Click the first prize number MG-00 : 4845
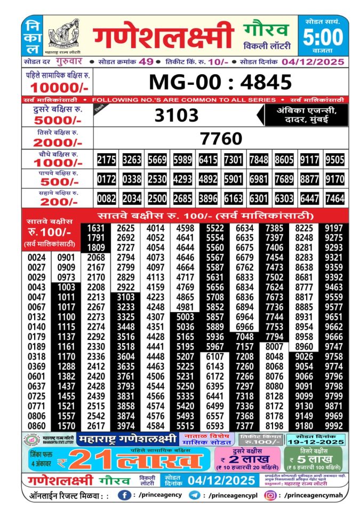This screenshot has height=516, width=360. [220, 82]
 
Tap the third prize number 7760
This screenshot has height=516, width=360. [221, 138]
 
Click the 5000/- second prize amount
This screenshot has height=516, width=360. [57, 120]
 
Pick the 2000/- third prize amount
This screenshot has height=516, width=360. [57, 142]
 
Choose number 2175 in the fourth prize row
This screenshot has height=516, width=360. [107, 160]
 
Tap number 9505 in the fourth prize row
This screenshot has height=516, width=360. [334, 160]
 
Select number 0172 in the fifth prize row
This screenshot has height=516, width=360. [107, 179]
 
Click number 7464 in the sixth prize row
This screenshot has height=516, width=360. [334, 199]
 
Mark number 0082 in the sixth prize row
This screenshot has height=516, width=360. [107, 199]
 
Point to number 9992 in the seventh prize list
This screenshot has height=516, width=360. [334, 425]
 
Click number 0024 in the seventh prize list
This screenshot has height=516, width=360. [36, 258]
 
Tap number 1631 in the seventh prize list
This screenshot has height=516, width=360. [95, 228]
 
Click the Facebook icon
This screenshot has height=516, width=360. [124, 496]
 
